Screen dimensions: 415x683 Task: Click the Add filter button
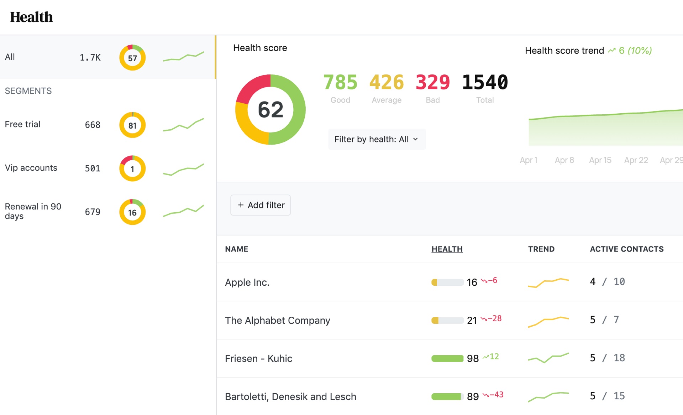click(x=261, y=205)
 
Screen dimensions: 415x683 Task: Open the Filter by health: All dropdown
click(x=377, y=139)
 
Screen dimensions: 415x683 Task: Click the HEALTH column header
click(x=447, y=249)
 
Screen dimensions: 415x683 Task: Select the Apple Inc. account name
click(x=247, y=282)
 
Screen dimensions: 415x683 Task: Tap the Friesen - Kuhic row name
click(x=258, y=358)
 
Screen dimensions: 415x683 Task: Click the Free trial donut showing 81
click(x=132, y=125)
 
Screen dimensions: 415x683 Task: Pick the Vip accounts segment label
click(x=31, y=168)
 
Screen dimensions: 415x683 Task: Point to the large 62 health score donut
click(x=270, y=109)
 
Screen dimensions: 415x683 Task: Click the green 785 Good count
click(x=340, y=82)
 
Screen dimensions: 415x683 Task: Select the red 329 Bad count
click(x=432, y=82)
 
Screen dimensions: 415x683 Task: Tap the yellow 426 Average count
click(x=386, y=82)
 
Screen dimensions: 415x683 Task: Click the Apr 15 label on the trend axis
click(x=600, y=160)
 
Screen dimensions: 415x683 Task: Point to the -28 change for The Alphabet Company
click(x=492, y=318)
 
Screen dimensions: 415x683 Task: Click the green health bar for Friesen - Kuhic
click(x=447, y=358)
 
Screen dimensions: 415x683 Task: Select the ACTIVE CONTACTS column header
click(x=626, y=249)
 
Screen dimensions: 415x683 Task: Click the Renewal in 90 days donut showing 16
click(x=132, y=212)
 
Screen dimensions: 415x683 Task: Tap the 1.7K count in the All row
click(x=90, y=57)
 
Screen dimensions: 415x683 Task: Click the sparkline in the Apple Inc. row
click(x=548, y=282)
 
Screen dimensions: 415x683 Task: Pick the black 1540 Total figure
click(x=485, y=82)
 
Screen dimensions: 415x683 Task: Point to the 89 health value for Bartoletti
click(x=473, y=396)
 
